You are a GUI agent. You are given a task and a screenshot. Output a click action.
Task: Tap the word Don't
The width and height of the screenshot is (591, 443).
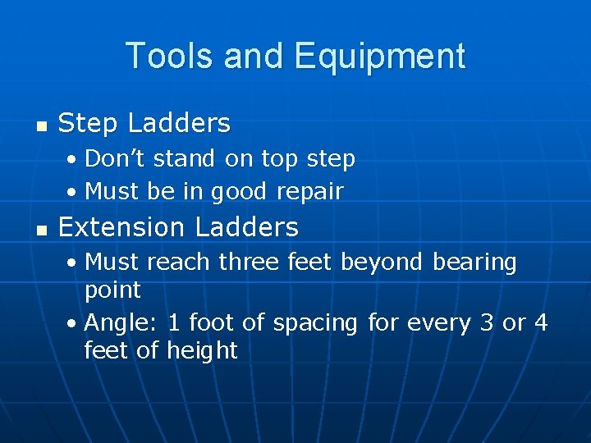click(114, 158)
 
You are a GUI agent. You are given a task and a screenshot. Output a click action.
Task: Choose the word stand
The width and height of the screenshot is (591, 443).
click(178, 158)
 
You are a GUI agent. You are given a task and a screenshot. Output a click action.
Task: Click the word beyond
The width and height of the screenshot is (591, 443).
click(382, 263)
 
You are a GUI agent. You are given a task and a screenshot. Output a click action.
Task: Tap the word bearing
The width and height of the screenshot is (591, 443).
click(474, 263)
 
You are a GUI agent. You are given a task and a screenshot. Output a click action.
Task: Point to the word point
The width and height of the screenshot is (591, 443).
click(112, 290)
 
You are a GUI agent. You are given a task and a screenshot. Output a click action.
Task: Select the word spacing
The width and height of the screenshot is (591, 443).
click(315, 323)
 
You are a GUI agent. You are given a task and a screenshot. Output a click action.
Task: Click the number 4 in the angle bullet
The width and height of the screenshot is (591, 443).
click(540, 322)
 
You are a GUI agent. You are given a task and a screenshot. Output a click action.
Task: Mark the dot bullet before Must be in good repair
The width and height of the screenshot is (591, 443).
click(72, 192)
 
